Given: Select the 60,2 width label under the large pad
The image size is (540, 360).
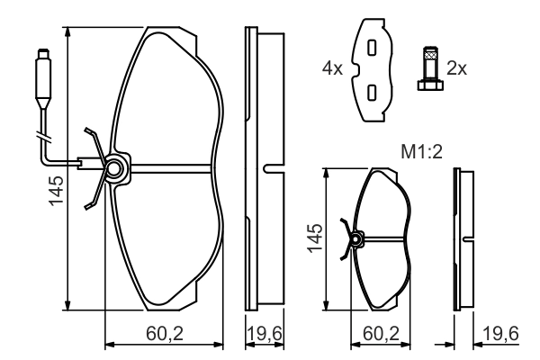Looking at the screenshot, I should click(165, 334).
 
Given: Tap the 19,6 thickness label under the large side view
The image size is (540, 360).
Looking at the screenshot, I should click(265, 334).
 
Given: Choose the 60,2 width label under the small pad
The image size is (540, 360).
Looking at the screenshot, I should click(382, 334).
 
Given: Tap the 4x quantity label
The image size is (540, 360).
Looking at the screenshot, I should click(333, 67).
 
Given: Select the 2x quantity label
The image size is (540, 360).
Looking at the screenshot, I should click(457, 67).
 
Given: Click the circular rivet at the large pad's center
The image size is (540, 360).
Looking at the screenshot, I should click(114, 167).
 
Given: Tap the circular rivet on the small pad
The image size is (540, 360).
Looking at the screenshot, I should click(356, 238).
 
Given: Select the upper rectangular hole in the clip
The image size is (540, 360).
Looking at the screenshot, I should click(370, 48).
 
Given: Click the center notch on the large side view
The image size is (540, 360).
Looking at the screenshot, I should click(266, 167).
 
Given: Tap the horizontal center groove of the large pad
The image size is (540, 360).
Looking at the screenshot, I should click(171, 167).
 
